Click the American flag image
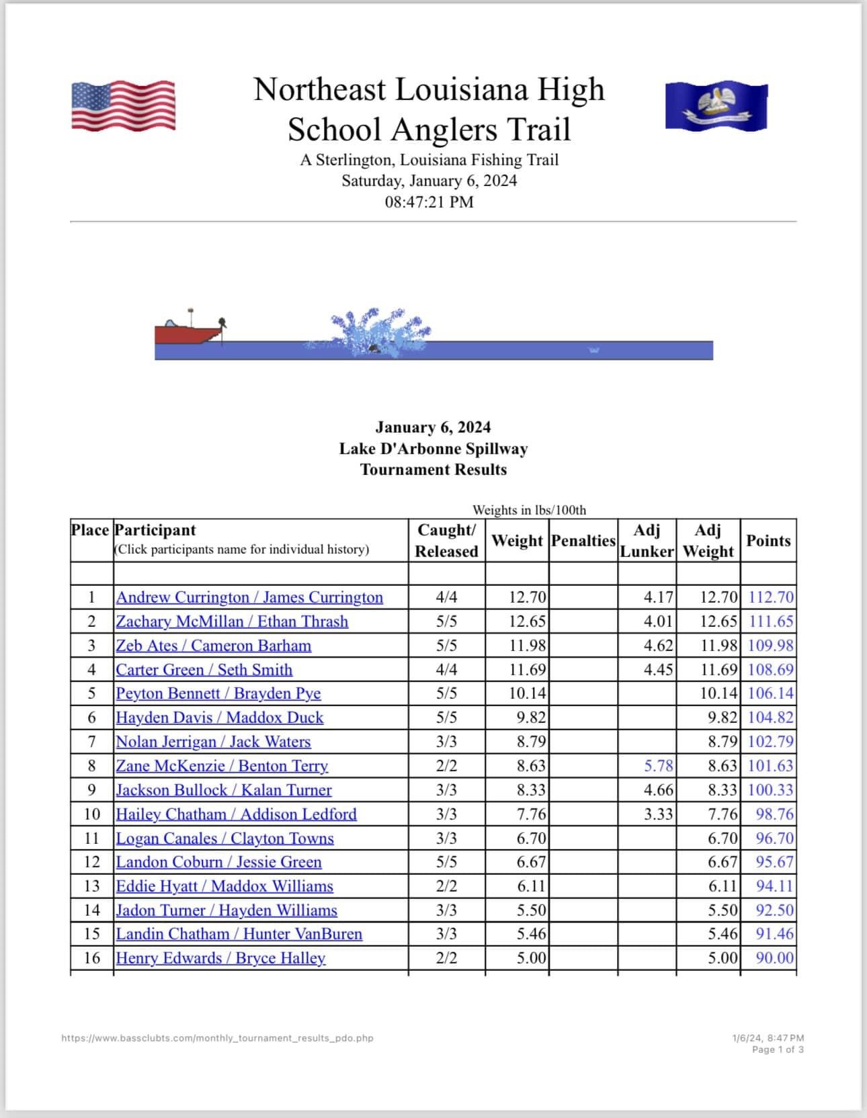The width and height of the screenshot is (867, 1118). pyautogui.click(x=123, y=105)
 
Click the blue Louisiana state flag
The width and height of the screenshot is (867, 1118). pyautogui.click(x=716, y=105)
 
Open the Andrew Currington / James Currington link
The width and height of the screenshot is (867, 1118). pyautogui.click(x=249, y=597)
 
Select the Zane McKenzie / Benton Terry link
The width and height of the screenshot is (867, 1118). pyautogui.click(x=222, y=766)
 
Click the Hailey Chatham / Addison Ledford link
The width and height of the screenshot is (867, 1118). pyautogui.click(x=236, y=814)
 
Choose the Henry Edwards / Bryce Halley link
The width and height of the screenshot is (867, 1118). pyautogui.click(x=220, y=958)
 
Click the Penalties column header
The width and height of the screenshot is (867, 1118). pyautogui.click(x=583, y=541)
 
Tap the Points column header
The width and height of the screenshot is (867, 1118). pyautogui.click(x=768, y=541)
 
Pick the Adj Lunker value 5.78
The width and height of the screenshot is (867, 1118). pyautogui.click(x=659, y=766)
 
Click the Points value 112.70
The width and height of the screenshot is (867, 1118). pyautogui.click(x=771, y=597)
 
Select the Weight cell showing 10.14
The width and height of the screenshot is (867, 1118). pyautogui.click(x=528, y=693)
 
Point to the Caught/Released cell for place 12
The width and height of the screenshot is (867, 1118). pyautogui.click(x=446, y=862)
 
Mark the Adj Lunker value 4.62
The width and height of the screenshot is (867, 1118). pyautogui.click(x=659, y=646)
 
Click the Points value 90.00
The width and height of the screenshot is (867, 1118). pyautogui.click(x=774, y=958)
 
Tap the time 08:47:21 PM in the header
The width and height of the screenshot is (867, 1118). pyautogui.click(x=429, y=202)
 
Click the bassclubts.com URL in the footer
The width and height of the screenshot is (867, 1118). pyautogui.click(x=217, y=1038)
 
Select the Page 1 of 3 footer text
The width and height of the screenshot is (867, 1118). pyautogui.click(x=778, y=1049)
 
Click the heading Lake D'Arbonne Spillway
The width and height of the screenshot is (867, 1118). pyautogui.click(x=433, y=449)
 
